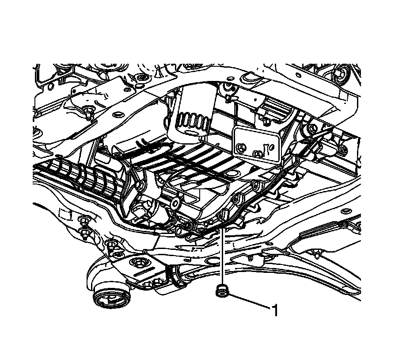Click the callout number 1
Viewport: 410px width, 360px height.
pyautogui.click(x=275, y=311)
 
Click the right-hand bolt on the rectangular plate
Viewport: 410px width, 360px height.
pyautogui.click(x=257, y=154)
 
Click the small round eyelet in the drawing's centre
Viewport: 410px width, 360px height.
pyautogui.click(x=175, y=204)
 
